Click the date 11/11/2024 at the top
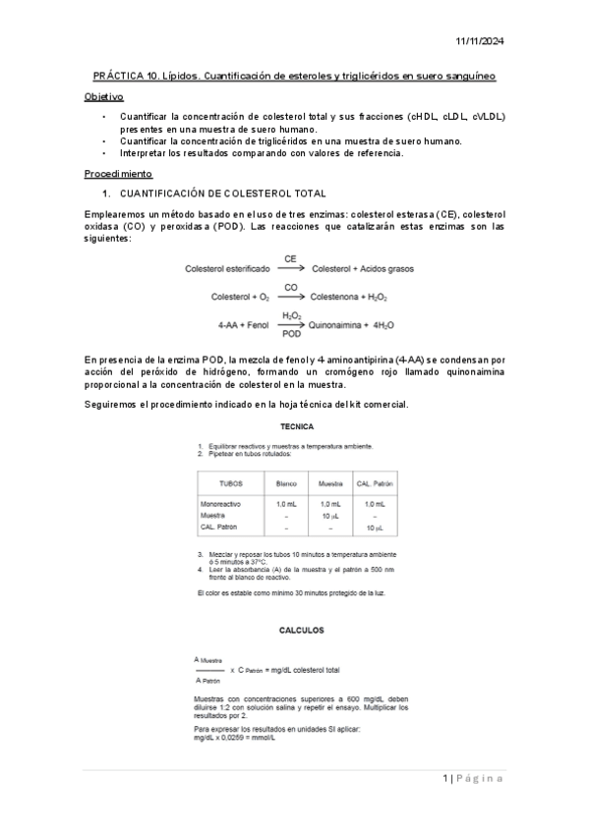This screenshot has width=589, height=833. (480, 40)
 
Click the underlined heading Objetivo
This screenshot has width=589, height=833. (104, 97)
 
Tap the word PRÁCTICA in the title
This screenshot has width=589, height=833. (118, 76)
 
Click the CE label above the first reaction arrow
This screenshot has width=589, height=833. (290, 259)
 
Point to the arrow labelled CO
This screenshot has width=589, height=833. (291, 296)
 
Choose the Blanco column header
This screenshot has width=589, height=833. (286, 483)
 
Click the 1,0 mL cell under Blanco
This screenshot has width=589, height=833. (286, 503)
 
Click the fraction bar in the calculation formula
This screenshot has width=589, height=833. (209, 670)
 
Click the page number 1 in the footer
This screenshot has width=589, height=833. (444, 779)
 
